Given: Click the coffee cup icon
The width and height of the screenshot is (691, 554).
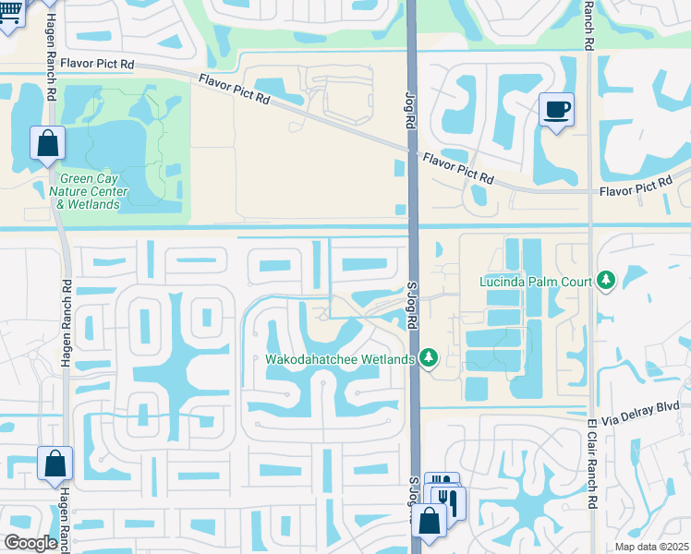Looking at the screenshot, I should (x=556, y=111).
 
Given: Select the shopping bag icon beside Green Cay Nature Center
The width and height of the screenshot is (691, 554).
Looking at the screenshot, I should (x=47, y=144).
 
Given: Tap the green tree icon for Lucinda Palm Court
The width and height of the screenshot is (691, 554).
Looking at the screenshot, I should (x=606, y=280).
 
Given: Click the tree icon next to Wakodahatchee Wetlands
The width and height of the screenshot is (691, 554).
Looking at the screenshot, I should (x=428, y=357).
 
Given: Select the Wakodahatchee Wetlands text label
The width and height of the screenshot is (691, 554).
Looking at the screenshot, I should (x=340, y=358).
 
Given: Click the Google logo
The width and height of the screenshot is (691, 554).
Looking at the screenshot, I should (x=30, y=543).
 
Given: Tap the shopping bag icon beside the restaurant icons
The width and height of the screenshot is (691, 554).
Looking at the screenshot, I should (x=430, y=521).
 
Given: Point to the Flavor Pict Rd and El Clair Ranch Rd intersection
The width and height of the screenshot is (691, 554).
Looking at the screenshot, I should (x=589, y=193).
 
